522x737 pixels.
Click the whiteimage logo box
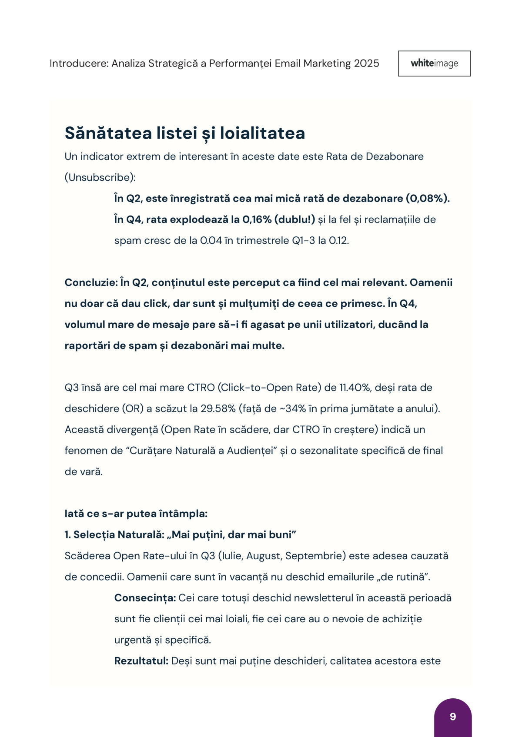pyautogui.click(x=434, y=63)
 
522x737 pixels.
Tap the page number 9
pyautogui.click(x=453, y=717)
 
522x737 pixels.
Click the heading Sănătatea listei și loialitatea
pyautogui.click(x=185, y=133)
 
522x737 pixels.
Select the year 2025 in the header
pyautogui.click(x=367, y=63)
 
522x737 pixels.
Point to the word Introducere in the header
pyautogui.click(x=79, y=63)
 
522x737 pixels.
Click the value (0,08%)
pyautogui.click(x=427, y=199)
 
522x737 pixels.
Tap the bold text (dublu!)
pyautogui.click(x=294, y=219)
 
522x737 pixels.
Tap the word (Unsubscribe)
pyautogui.click(x=100, y=177)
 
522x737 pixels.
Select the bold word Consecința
pyautogui.click(x=145, y=598)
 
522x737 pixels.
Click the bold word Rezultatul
pyautogui.click(x=141, y=661)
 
